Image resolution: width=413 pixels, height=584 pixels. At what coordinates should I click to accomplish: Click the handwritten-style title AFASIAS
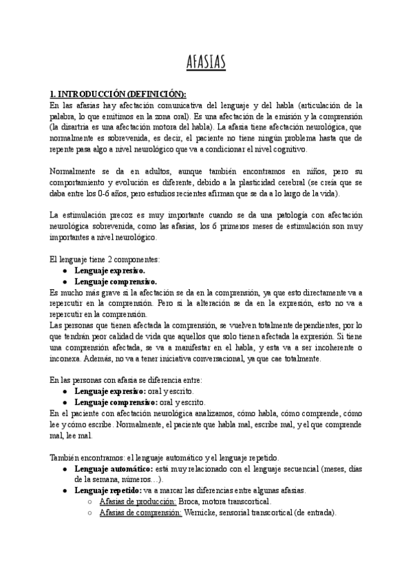tap(206, 63)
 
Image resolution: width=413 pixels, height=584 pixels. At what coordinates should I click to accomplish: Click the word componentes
tap(136, 260)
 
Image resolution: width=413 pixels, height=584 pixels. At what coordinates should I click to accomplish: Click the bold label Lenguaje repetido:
tap(107, 490)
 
